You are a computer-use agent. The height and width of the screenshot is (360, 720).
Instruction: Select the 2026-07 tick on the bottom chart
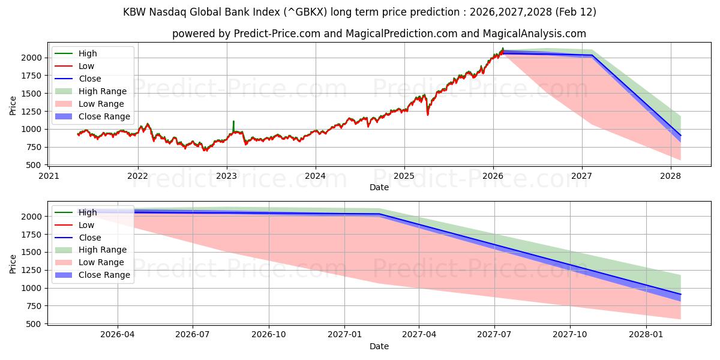coord(193,334)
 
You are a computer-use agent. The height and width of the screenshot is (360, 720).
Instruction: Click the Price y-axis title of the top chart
coord(13,106)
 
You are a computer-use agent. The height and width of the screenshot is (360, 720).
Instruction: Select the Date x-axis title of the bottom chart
coord(379,346)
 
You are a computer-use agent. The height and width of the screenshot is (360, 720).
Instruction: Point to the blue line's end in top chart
coord(680,136)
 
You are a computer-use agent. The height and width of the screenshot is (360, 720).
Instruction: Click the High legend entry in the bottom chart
coord(87,212)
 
